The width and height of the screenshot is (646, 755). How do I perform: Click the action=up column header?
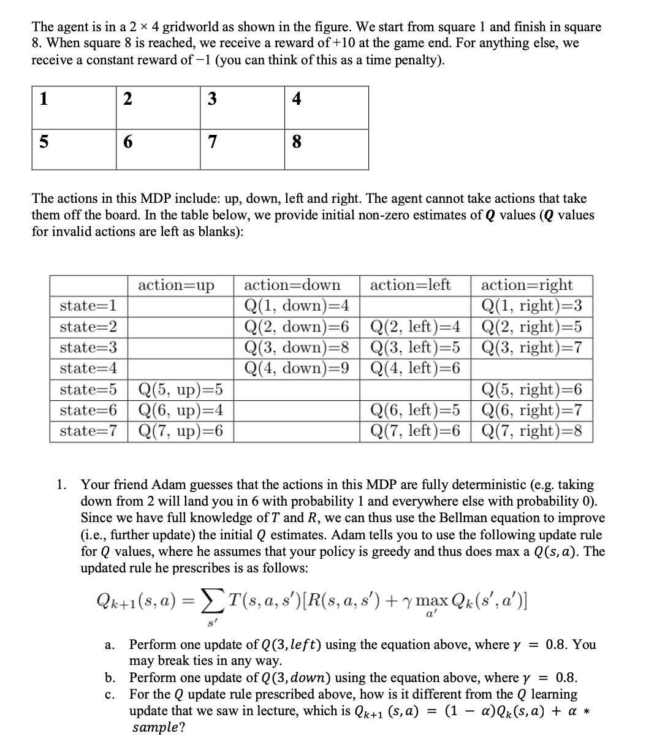point(177,285)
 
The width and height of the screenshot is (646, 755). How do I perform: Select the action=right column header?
point(527,285)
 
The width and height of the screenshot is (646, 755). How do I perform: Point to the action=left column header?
point(411,285)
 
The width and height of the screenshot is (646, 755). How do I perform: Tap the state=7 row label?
point(89,431)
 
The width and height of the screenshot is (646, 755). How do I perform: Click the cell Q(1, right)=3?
point(531,305)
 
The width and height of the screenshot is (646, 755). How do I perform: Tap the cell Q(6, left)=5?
point(416,410)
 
